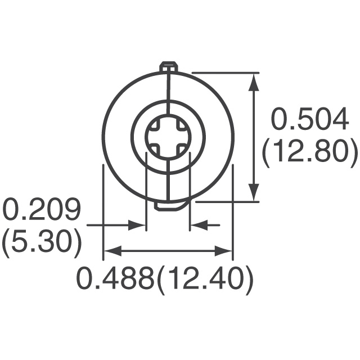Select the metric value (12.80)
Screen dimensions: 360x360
(x=310, y=150)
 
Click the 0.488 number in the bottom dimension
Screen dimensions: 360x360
(x=115, y=278)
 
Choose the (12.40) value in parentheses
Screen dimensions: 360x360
(x=203, y=278)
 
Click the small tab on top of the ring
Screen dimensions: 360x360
(x=168, y=67)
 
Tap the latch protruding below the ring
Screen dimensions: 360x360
(x=168, y=206)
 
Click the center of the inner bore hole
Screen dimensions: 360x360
(x=168, y=137)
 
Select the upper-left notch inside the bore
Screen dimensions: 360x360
(x=155, y=124)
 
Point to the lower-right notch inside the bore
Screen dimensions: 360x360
(x=181, y=150)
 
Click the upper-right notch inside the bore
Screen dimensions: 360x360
(x=181, y=124)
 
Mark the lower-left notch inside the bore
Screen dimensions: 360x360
(x=155, y=150)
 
